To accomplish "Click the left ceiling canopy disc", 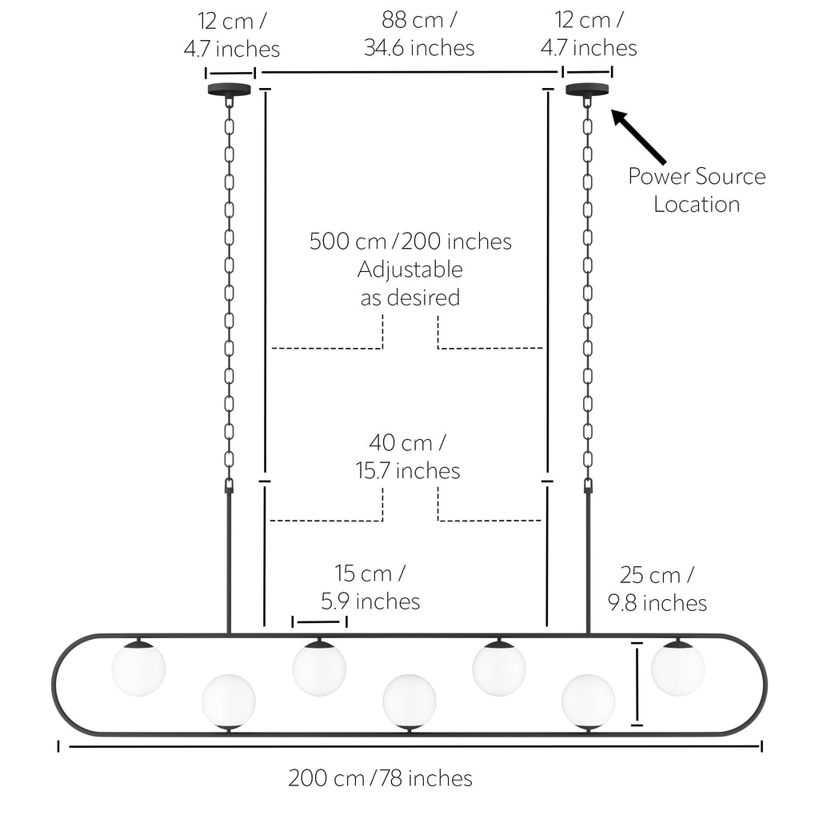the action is (230, 90).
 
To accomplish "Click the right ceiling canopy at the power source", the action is (588, 90).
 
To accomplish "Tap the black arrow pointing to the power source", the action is (638, 136).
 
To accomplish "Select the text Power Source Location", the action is (697, 190).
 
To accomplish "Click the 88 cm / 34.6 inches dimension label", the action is (419, 34).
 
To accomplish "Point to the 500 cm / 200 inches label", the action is (410, 242).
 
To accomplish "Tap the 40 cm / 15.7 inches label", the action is (408, 457).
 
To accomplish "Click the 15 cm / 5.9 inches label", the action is (370, 587).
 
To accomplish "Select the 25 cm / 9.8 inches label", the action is (657, 589).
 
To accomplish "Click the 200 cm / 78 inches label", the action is (380, 777).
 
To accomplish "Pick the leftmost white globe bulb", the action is (139, 669).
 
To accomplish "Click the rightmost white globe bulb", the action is (678, 669).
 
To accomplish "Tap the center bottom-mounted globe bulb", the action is (409, 701).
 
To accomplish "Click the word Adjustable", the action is (410, 270).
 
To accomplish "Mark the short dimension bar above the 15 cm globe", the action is (319, 621).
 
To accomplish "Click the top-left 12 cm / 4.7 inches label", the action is (232, 35).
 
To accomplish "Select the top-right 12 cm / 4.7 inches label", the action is (589, 34).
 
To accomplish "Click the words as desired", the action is (410, 298).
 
